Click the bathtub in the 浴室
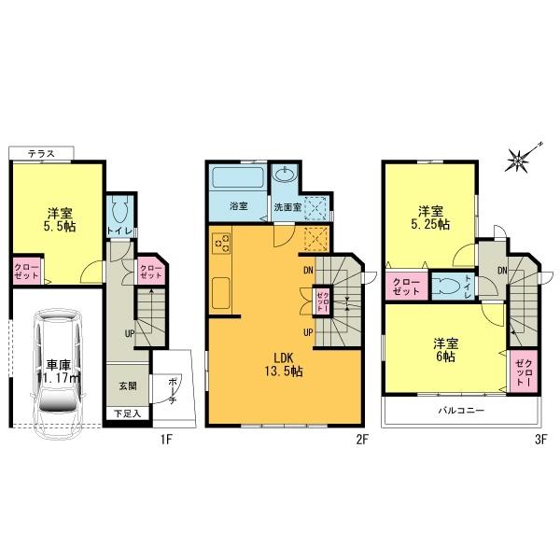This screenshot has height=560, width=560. (238, 179)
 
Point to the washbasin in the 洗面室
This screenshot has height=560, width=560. (284, 177)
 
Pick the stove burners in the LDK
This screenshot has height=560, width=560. (221, 245)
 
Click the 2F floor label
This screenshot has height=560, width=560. (358, 436)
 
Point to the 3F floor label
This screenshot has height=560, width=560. (539, 436)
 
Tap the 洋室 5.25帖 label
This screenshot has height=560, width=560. (431, 217)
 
